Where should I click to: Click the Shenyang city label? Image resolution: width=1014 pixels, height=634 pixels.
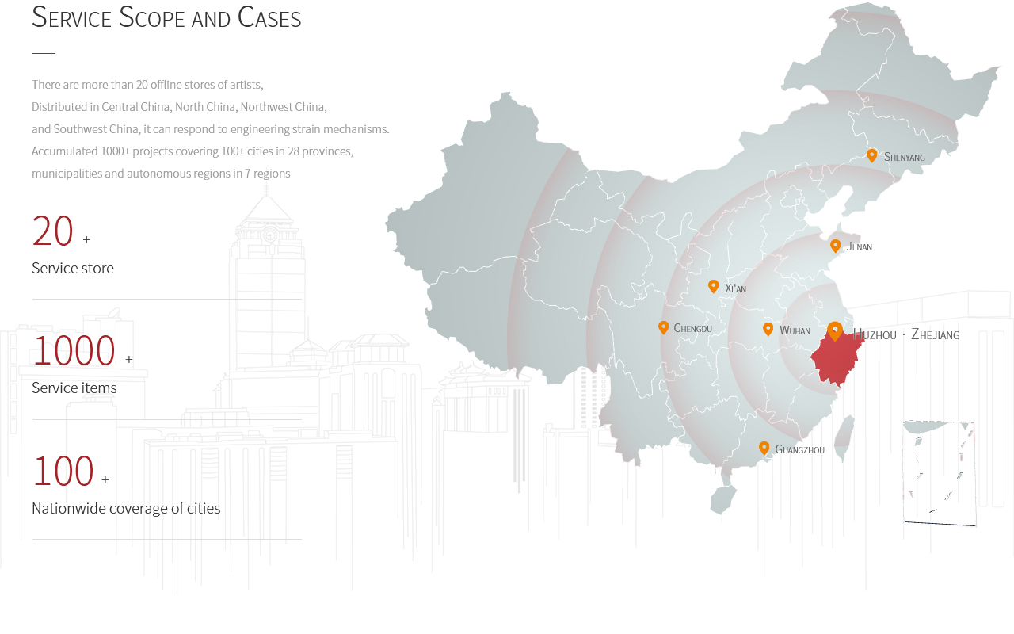(904, 157)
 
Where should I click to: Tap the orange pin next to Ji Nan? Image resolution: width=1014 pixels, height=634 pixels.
(835, 246)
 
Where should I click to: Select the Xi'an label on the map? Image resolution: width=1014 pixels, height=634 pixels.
(735, 288)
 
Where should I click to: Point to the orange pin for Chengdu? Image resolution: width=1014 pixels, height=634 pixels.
(663, 327)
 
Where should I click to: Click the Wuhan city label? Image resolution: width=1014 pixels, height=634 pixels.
(795, 330)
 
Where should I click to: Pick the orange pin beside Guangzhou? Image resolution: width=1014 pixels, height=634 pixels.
(764, 449)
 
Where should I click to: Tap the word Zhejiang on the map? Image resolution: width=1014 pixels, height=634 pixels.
(936, 334)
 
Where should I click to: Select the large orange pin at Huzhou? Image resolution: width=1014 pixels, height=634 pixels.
(835, 331)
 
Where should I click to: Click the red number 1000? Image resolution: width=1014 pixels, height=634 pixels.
(74, 350)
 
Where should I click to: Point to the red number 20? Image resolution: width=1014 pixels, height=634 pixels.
(52, 231)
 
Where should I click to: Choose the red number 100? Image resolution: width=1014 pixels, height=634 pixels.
(63, 471)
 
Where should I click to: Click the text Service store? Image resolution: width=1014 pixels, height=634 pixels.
(72, 268)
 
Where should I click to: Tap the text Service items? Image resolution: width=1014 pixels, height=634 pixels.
(74, 388)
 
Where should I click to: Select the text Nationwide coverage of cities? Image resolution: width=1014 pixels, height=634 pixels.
(126, 508)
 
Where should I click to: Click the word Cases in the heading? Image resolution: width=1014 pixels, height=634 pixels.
(269, 17)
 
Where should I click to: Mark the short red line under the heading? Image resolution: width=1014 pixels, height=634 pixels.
(44, 53)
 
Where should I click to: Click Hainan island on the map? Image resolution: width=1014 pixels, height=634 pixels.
(722, 499)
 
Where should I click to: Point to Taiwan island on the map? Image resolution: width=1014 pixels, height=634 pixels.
(844, 437)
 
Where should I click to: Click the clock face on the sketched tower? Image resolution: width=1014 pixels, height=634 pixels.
(270, 235)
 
